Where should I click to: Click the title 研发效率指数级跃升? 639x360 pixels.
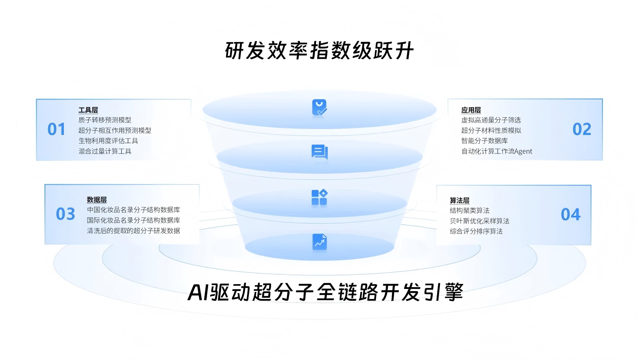[x=319, y=51]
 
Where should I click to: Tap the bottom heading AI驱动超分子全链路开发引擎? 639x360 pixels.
[x=325, y=292]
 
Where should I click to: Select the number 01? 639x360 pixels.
[x=56, y=129]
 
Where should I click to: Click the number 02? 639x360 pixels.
[x=582, y=129]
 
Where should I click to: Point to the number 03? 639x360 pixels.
[x=65, y=214]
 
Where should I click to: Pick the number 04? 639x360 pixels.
[x=570, y=215]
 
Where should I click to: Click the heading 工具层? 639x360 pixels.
[x=88, y=110]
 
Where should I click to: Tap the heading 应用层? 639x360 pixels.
[x=471, y=110]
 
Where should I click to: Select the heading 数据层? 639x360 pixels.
[x=97, y=200]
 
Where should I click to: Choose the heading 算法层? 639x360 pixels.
[x=459, y=201]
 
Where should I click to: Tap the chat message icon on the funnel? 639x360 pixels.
[x=319, y=152]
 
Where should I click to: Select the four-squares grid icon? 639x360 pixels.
[x=319, y=197]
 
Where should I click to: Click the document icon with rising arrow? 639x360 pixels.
[x=319, y=242]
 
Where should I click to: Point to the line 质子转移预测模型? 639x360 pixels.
[x=105, y=120]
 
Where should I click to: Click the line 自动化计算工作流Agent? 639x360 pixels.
[x=497, y=151]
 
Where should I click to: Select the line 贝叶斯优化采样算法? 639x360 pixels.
[x=480, y=221]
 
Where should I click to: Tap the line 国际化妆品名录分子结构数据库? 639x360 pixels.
[x=133, y=220]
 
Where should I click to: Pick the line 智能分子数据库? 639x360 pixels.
[x=484, y=141]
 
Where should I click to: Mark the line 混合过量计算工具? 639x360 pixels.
[x=105, y=151]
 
